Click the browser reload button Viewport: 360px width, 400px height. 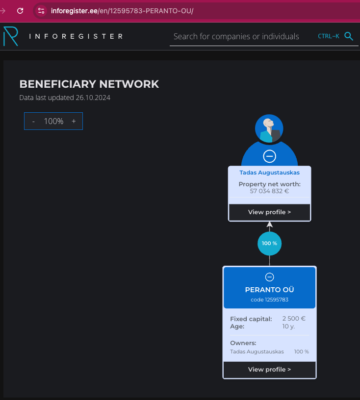(20, 10)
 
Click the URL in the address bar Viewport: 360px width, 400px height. (122, 10)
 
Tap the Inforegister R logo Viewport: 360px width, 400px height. (11, 36)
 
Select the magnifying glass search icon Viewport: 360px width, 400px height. (349, 36)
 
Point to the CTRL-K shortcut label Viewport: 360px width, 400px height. (328, 36)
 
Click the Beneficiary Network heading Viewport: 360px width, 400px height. (89, 84)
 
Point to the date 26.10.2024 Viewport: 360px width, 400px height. (93, 98)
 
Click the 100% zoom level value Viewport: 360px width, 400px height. (53, 121)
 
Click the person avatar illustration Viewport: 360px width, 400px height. (269, 129)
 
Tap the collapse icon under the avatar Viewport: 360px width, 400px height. (269, 156)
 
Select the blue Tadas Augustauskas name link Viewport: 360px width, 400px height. (269, 173)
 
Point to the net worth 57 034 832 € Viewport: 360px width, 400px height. (269, 191)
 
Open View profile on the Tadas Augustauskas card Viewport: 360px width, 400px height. (269, 212)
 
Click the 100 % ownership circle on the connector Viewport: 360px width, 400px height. (269, 243)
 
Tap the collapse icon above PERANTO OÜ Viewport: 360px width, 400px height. (269, 277)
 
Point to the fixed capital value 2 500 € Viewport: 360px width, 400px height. (294, 319)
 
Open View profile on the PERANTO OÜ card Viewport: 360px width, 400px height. (269, 370)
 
